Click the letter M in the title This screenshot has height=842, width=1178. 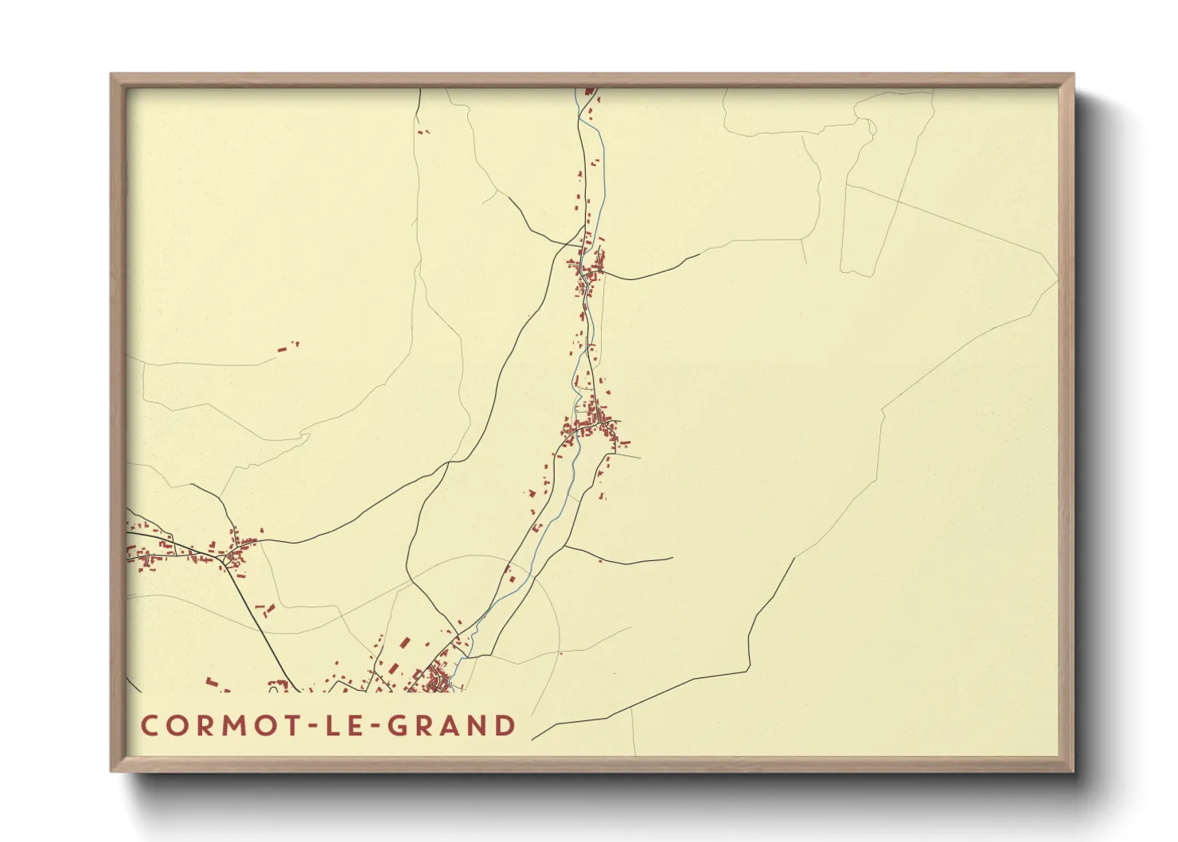(224, 726)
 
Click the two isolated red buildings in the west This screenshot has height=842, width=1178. (286, 347)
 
